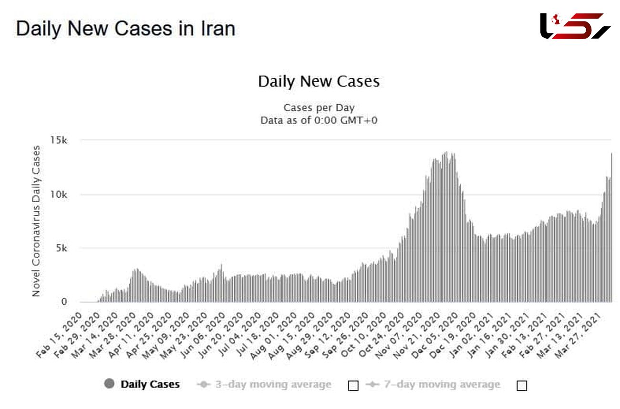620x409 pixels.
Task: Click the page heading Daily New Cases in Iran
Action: coord(125,29)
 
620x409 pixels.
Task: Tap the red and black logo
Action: coord(575,26)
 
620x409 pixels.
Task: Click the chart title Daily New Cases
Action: coord(319,82)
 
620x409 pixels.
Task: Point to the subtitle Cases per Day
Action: coord(319,107)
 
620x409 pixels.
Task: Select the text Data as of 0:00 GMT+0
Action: coord(319,120)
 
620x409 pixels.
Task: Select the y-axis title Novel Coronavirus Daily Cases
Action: coord(36,221)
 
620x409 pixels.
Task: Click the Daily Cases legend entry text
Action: coord(150,384)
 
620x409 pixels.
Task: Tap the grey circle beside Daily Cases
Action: coord(109,384)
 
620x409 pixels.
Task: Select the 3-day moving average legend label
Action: coord(273,384)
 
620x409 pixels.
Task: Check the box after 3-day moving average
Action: coord(353,385)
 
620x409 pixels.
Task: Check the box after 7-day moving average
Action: coord(522,385)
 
